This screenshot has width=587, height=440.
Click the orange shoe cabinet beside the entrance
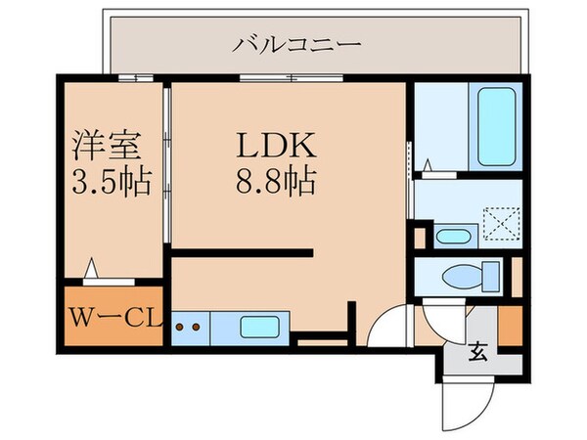coord(509,326)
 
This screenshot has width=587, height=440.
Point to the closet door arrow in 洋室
coord(93,265)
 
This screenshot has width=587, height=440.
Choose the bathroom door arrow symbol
coord(429,165)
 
